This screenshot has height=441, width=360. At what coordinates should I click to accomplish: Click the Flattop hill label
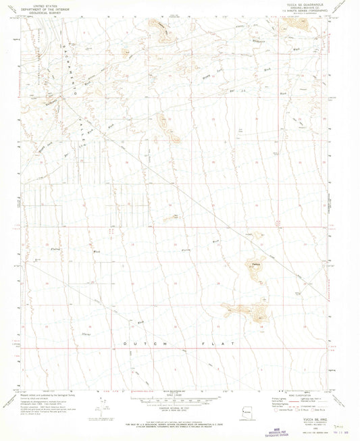pyautogui.click(x=255, y=263)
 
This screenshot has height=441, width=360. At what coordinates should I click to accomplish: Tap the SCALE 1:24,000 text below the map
pyautogui.click(x=179, y=394)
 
